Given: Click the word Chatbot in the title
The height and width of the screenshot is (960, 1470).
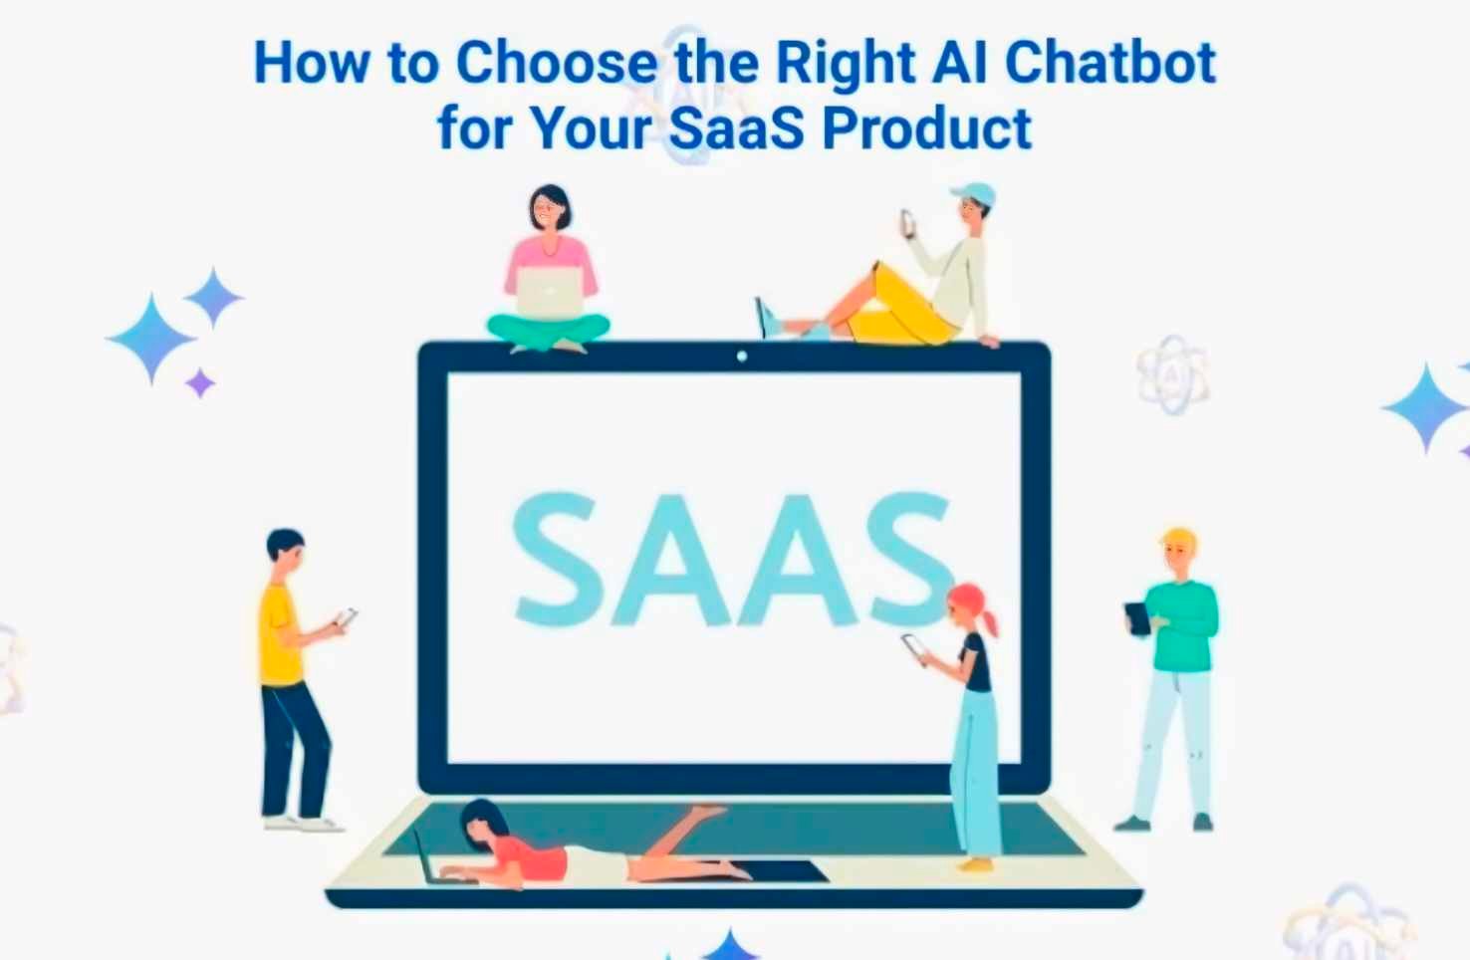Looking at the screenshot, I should click(x=1109, y=64).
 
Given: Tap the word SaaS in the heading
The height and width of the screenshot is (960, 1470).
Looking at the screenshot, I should click(x=736, y=129).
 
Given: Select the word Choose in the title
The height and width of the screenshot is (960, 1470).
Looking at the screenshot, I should click(x=557, y=64).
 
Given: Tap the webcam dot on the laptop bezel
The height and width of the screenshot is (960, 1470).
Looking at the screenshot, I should click(x=741, y=357).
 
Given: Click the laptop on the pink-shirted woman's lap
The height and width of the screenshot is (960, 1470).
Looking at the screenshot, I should click(x=549, y=293).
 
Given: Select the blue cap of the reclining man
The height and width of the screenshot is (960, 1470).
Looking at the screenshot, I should click(x=975, y=193).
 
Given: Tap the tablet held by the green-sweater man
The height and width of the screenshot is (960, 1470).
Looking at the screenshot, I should click(x=1136, y=617).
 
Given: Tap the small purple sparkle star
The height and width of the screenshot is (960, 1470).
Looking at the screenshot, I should click(x=200, y=382).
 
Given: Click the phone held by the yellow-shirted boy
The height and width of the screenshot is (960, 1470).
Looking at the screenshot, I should click(x=346, y=617).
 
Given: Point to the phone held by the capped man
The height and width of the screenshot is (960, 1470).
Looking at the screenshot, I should click(x=907, y=222).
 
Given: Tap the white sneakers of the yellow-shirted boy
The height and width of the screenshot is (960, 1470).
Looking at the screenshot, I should click(x=302, y=824).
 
